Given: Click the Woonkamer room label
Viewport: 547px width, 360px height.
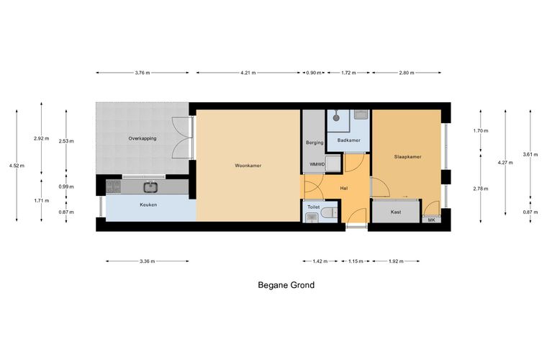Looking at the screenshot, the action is (248, 166).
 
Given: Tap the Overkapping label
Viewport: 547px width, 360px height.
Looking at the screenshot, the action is (143, 138).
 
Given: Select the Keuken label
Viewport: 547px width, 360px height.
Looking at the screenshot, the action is (148, 204).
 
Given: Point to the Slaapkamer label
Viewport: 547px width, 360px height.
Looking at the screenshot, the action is (408, 157).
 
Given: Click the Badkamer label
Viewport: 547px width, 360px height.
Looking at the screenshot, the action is (349, 140).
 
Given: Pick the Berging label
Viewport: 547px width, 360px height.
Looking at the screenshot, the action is (315, 143).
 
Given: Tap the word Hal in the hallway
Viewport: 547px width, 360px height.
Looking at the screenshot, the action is (344, 189).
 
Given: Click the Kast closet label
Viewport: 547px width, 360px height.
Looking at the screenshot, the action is (396, 212).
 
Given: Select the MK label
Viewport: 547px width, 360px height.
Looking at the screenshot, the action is (432, 220).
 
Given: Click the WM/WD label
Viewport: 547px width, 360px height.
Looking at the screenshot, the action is (317, 164).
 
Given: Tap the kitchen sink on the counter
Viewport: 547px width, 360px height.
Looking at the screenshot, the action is (150, 188).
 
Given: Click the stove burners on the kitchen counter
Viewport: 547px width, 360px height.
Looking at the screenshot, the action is (114, 186).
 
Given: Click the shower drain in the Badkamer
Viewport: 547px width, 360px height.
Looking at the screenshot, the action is (336, 117).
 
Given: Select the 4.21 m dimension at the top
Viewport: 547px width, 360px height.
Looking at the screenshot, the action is (248, 73).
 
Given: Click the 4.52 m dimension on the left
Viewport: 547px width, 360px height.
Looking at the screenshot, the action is (17, 166).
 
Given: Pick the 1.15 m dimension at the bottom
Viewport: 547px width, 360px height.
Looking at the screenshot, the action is (356, 261).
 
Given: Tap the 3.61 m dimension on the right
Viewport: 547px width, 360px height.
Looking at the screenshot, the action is (530, 154).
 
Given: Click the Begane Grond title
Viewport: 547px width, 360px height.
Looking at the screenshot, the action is (286, 285).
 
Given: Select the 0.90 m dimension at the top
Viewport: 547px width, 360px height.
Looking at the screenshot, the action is (314, 73).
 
